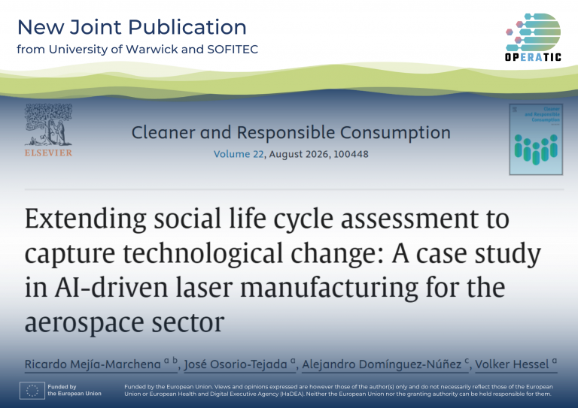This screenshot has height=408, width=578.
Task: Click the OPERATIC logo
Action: [x=533, y=37]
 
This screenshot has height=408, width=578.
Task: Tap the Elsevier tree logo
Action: [x=48, y=125]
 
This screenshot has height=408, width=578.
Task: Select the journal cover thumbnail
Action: [x=536, y=140]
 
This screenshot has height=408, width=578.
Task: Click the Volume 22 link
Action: [x=239, y=154]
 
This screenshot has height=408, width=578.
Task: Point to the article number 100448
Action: [x=351, y=154]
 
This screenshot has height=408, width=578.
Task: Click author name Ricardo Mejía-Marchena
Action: [x=93, y=364]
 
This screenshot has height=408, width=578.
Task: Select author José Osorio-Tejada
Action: [x=236, y=364]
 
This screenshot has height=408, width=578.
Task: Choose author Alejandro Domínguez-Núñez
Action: [x=382, y=364]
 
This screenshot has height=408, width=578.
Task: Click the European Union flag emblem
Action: [x=32, y=390]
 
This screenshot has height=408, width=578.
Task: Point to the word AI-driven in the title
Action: [x=111, y=288]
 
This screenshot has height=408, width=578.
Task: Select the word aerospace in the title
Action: [x=84, y=323]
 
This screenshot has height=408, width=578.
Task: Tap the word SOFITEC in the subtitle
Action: [x=233, y=50]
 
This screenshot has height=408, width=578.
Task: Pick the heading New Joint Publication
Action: [x=132, y=27]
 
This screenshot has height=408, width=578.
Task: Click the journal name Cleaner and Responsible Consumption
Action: [x=291, y=133]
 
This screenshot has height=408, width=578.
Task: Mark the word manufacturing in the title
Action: [x=329, y=289]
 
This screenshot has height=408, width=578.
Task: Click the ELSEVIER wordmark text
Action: [x=48, y=153]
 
